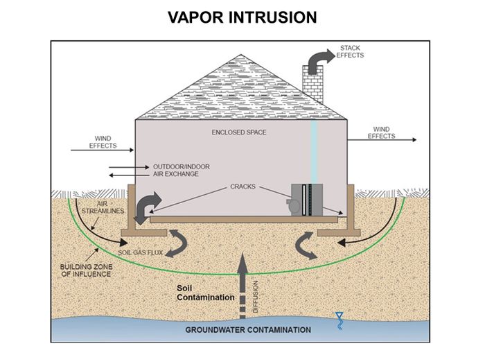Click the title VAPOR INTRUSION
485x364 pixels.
[242, 17]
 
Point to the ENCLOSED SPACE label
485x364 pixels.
[239, 132]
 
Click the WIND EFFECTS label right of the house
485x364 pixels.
[381, 132]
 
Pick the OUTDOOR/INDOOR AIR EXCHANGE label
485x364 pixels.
[182, 170]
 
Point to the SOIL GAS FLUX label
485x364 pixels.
[142, 253]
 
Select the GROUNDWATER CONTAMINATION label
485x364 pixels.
[248, 329]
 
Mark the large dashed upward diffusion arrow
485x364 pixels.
[241, 284]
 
